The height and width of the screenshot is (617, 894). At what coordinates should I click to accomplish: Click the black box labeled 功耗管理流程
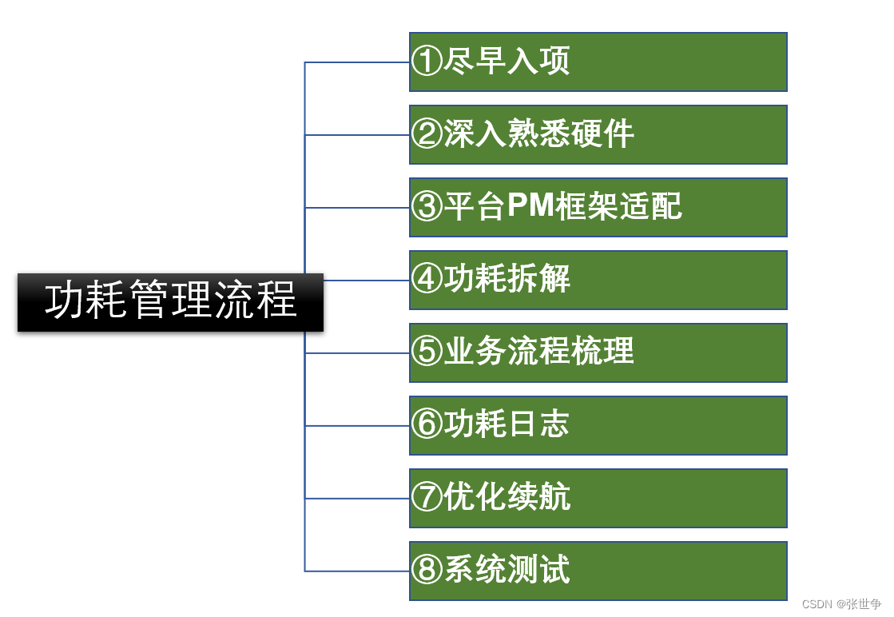point(170,302)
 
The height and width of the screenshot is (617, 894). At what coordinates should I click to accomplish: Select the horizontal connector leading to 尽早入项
point(356,62)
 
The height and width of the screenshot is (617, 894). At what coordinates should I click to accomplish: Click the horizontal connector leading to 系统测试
point(356,571)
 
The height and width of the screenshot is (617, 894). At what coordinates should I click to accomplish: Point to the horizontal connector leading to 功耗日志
point(356,425)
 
